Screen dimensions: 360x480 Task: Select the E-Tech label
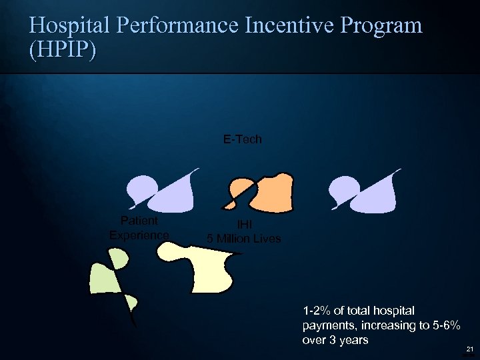coord(242,139)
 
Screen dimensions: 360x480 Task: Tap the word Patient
coord(139,221)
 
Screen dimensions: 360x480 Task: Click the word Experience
coord(139,235)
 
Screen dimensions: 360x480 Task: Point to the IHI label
coord(243,226)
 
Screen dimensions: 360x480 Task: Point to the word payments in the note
coord(326,325)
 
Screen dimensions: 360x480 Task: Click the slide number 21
coord(469,349)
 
